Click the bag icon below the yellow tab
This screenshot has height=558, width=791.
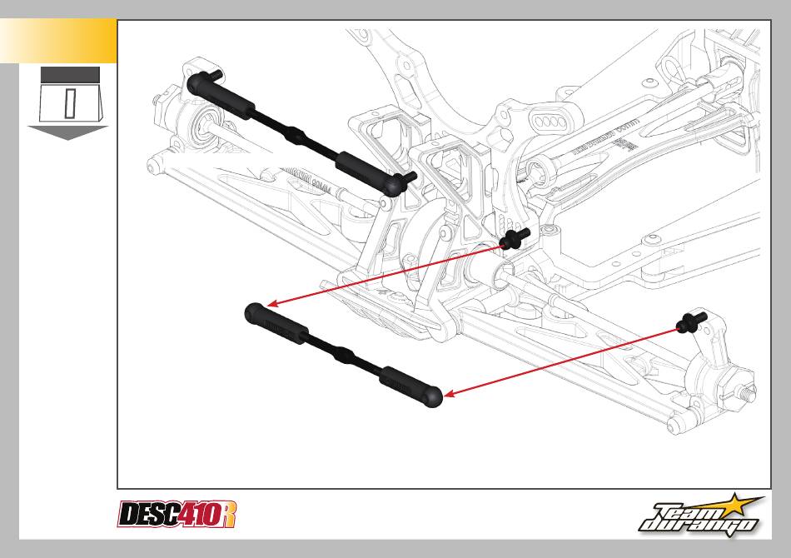point(70,97)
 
